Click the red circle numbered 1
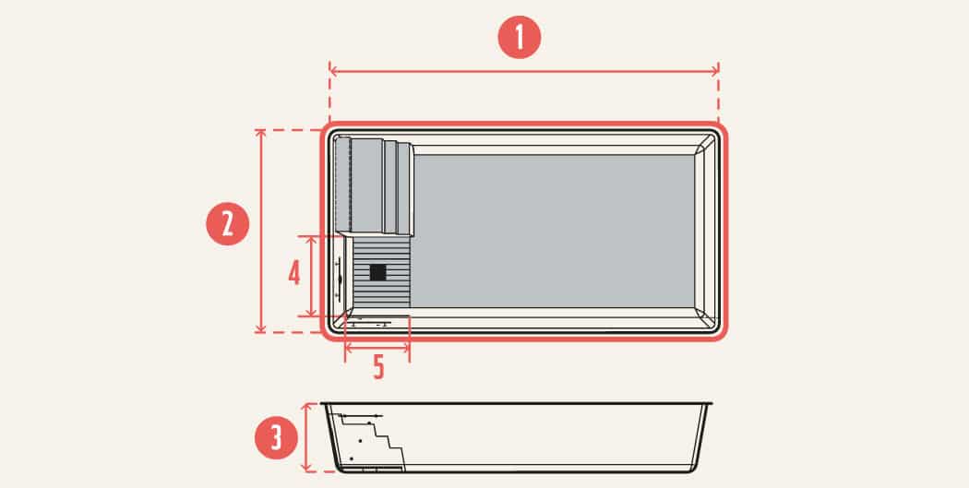tap(519, 37)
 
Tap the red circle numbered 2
tap(227, 223)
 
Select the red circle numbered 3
tap(276, 437)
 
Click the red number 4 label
tap(294, 272)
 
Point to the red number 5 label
tap(378, 367)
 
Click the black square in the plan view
tap(377, 272)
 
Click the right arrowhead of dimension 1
tap(715, 70)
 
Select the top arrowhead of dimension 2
tap(260, 134)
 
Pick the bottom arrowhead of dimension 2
tap(260, 328)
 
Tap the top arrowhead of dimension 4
tap(312, 240)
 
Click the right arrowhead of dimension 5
tap(406, 349)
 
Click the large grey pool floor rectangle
tap(554, 231)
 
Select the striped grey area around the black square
tap(382, 272)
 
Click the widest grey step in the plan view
tap(366, 186)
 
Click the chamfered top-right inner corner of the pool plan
tap(705, 145)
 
